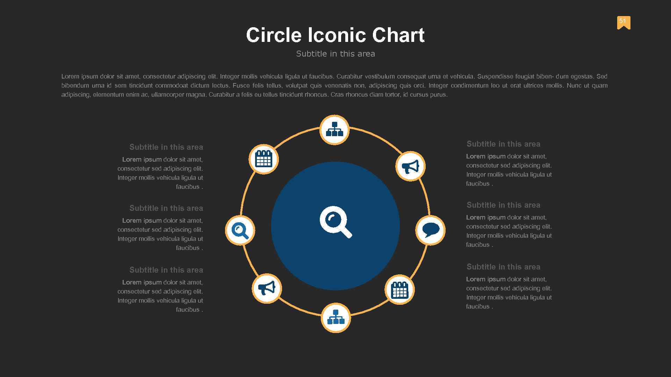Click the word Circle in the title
click(274, 35)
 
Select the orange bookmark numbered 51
click(623, 22)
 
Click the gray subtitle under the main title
click(335, 54)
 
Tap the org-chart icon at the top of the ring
click(334, 130)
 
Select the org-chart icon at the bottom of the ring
click(335, 318)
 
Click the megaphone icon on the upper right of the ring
click(410, 167)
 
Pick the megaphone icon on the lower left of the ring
click(267, 288)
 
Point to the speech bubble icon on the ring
click(430, 230)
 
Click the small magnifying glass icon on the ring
click(240, 230)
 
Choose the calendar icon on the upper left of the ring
click(264, 159)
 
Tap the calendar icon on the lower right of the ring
click(399, 290)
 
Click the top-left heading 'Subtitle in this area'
click(166, 147)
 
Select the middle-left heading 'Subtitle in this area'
click(166, 208)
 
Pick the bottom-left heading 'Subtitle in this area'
click(166, 270)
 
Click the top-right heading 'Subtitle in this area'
click(503, 144)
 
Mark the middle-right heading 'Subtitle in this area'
click(503, 205)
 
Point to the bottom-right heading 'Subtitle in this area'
click(503, 267)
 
